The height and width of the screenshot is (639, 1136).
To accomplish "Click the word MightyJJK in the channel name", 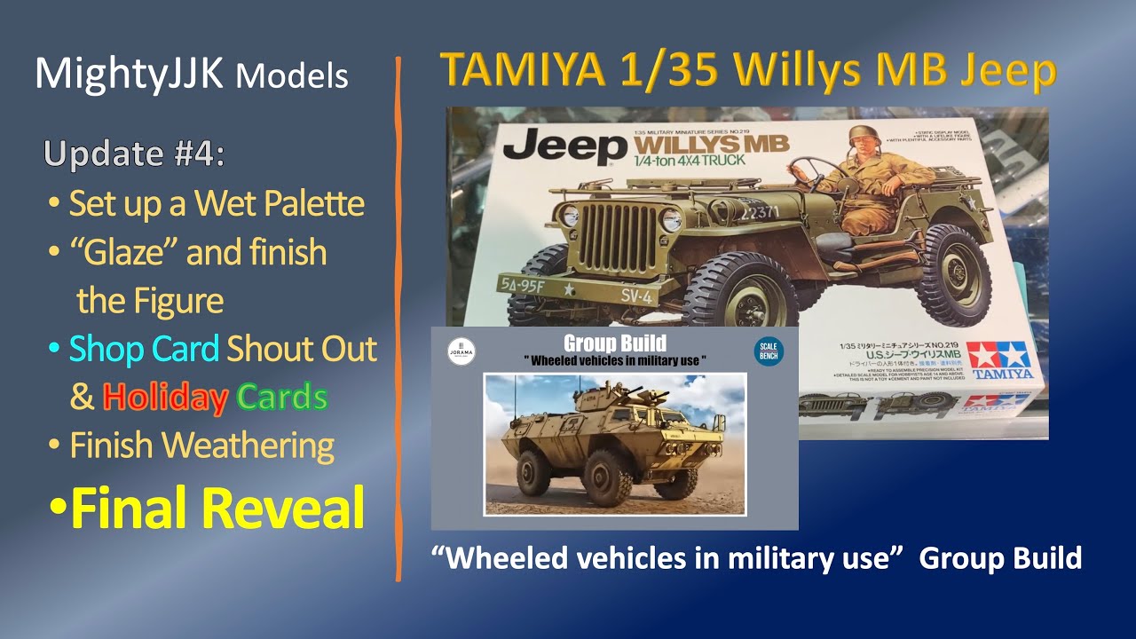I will pyautogui.click(x=130, y=75).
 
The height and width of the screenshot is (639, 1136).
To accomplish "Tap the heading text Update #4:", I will pyautogui.click(x=133, y=154).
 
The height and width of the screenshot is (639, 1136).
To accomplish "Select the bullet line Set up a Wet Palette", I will pyautogui.click(x=216, y=204).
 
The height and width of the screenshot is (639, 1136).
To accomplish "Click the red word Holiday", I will pyautogui.click(x=164, y=398).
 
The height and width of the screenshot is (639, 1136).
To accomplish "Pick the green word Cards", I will pyautogui.click(x=282, y=398).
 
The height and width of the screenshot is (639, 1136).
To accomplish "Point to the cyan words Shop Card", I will pyautogui.click(x=144, y=349).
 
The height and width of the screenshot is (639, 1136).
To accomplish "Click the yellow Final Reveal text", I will pyautogui.click(x=217, y=508).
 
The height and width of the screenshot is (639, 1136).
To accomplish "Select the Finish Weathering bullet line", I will pyautogui.click(x=201, y=446).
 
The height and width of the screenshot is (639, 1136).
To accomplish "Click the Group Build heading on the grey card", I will pyautogui.click(x=614, y=343).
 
